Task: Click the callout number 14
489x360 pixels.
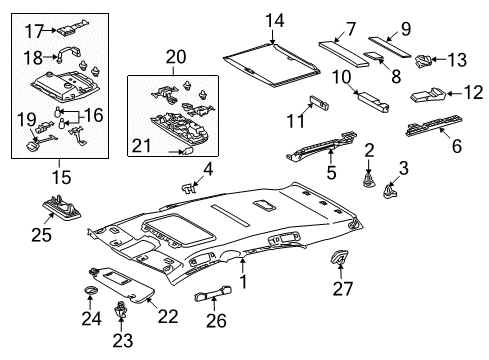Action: tap(275, 21)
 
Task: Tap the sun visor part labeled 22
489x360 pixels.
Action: tap(123, 284)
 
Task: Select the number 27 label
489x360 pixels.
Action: tap(342, 289)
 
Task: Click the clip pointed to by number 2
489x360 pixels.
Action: tap(369, 180)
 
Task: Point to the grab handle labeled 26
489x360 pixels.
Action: tap(213, 293)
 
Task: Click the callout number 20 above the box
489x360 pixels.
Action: tap(176, 57)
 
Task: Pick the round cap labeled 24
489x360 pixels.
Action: tap(91, 290)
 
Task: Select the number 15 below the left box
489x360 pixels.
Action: tap(61, 177)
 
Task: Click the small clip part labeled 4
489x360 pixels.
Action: tap(188, 188)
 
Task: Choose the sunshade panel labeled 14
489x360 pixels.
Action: tap(272, 64)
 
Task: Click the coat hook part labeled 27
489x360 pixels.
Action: tap(338, 257)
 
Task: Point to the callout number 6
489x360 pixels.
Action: tap(456, 146)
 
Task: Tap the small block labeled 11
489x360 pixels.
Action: tap(319, 102)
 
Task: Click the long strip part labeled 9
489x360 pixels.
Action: tap(390, 47)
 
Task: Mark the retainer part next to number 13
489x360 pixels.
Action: tap(423, 61)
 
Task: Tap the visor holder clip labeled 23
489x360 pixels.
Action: tap(121, 309)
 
